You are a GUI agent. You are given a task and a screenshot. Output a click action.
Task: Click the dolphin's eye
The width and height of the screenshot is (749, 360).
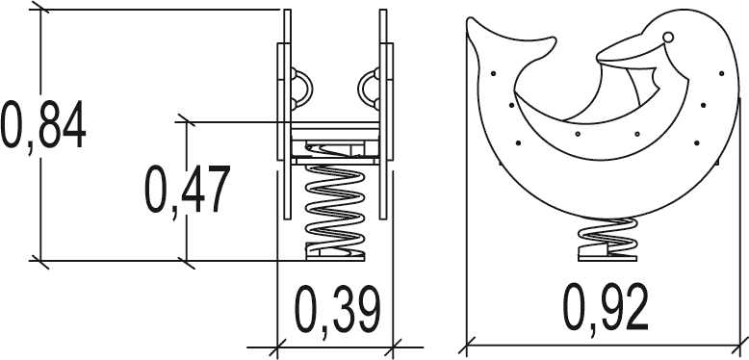click(668, 37)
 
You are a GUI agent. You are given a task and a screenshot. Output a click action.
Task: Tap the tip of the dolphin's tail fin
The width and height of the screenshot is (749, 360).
click(470, 20)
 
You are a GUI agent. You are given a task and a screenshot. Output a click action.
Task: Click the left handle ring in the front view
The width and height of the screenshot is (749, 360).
click(301, 89)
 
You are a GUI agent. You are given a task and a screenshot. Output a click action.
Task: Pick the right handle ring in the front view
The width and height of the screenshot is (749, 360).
click(369, 89)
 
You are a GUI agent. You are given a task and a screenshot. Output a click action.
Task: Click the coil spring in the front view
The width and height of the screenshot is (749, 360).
click(334, 205)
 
